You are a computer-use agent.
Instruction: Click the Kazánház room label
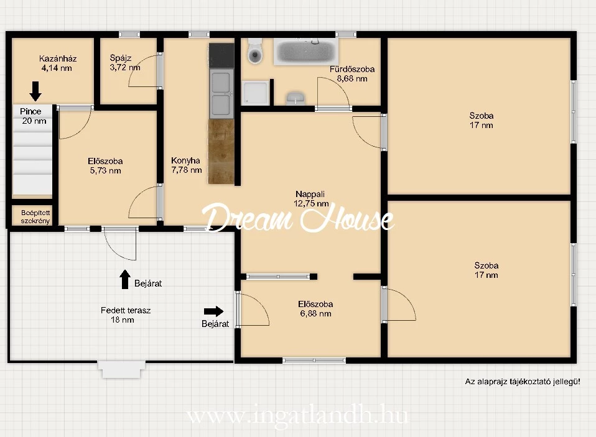click(x=58, y=58)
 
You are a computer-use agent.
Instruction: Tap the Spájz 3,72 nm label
click(x=124, y=63)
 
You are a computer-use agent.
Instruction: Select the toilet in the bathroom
click(x=255, y=51)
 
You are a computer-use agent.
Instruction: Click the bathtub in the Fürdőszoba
click(x=306, y=52)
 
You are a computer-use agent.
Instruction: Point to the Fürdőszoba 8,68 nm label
click(x=352, y=73)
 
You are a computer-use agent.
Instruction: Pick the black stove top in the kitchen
click(x=221, y=55)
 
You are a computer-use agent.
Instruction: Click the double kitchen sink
click(x=221, y=93)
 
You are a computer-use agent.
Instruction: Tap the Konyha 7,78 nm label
click(x=186, y=165)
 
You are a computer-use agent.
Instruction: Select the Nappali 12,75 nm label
click(x=311, y=198)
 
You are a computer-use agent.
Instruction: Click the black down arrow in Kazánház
click(x=35, y=91)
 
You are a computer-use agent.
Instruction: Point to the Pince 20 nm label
click(x=33, y=116)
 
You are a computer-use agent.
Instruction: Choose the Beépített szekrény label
click(x=35, y=217)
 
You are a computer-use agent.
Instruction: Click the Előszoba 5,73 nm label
click(x=105, y=166)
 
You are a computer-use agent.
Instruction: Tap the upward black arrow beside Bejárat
click(x=125, y=279)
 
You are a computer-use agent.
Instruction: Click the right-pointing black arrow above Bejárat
click(x=213, y=311)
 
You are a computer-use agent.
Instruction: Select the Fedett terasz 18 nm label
click(x=126, y=315)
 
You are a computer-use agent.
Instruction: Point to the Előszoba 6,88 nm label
click(x=315, y=309)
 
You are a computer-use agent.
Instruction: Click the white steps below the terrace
click(x=122, y=369)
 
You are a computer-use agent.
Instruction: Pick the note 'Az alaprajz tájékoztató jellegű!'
click(x=523, y=382)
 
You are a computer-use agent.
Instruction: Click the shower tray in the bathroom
click(x=256, y=93)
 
